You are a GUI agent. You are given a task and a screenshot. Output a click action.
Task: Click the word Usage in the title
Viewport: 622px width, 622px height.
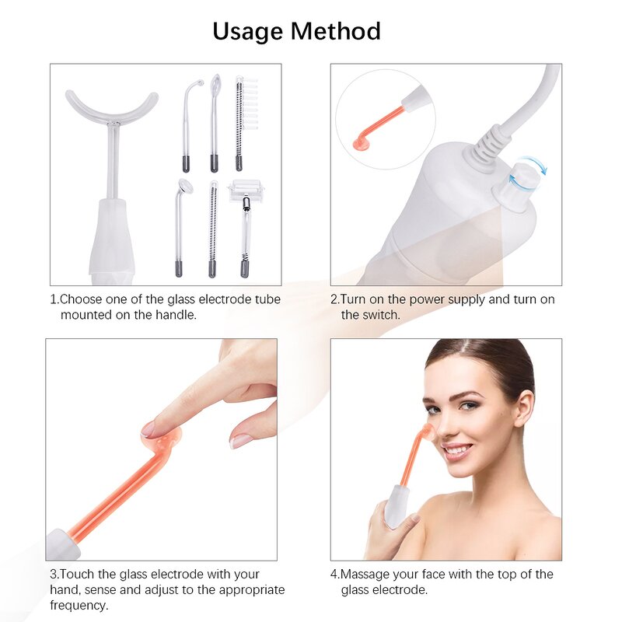click(x=247, y=31)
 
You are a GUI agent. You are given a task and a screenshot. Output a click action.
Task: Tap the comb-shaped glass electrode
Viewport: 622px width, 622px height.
click(x=240, y=121)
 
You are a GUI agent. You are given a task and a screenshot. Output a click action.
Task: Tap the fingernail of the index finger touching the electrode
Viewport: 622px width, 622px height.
click(x=149, y=428)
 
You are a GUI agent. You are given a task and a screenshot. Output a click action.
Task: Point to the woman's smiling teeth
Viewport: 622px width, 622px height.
click(x=456, y=450)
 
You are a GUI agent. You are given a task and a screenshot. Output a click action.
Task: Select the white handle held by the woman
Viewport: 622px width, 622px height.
click(x=397, y=505)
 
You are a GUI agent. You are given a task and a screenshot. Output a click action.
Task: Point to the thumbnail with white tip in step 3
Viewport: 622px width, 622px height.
click(x=241, y=440)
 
